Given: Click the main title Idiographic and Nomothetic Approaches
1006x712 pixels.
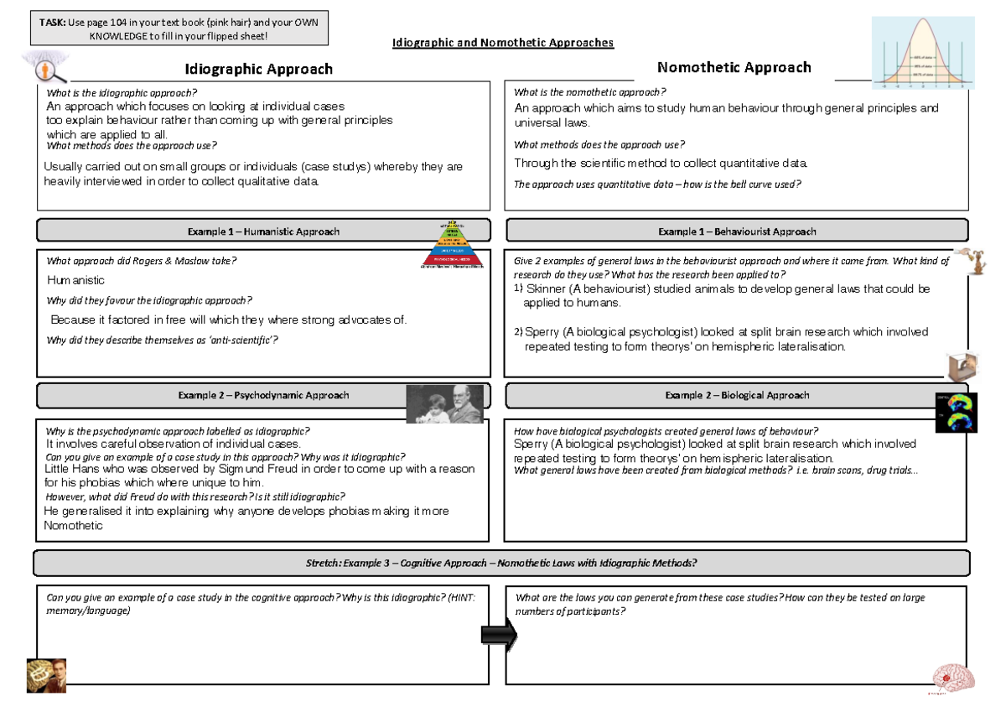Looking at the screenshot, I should click(x=503, y=42).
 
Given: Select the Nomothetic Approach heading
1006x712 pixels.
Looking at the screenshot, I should click(x=734, y=67).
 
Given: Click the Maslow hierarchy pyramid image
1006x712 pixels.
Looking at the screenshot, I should click(x=454, y=245).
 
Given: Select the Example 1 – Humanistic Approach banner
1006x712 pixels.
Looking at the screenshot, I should click(x=264, y=231).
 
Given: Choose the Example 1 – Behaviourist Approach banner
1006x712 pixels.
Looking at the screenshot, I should click(x=737, y=231).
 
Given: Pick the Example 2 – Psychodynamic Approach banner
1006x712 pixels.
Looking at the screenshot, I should click(x=263, y=395).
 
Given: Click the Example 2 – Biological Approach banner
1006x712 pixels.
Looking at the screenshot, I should click(x=737, y=395).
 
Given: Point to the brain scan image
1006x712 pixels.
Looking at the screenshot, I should click(x=956, y=412).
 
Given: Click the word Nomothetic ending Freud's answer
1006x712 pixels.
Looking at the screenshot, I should click(x=73, y=526).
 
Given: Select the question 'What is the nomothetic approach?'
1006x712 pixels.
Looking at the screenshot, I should click(x=589, y=92).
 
